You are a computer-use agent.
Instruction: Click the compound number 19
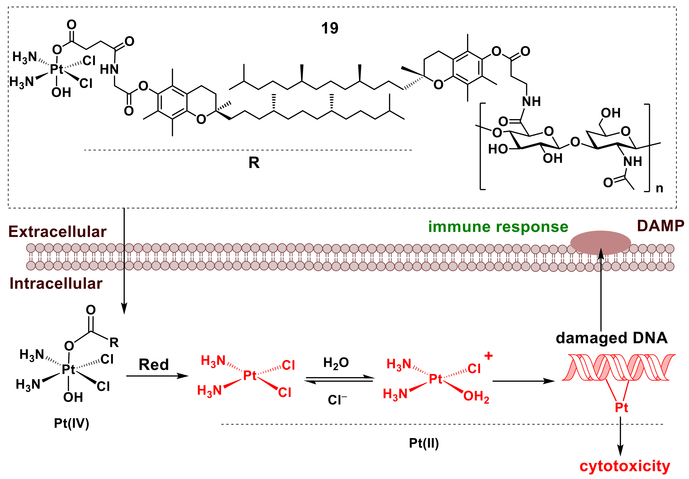pyautogui.click(x=329, y=28)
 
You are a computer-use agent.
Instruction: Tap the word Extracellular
pyautogui.click(x=57, y=232)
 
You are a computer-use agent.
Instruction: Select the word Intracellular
pyautogui.click(x=56, y=283)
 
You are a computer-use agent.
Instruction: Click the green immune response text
pyautogui.click(x=498, y=227)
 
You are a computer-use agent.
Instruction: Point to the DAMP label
pyautogui.click(x=660, y=226)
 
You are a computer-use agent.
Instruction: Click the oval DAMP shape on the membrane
pyautogui.click(x=600, y=242)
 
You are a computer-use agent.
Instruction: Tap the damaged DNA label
pyautogui.click(x=611, y=338)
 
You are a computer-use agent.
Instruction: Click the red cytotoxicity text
pyautogui.click(x=624, y=466)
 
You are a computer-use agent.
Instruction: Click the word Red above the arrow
pyautogui.click(x=154, y=365)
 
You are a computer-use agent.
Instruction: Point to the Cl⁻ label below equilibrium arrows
pyautogui.click(x=337, y=400)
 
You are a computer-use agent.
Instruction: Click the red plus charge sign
pyautogui.click(x=489, y=356)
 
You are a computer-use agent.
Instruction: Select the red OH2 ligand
pyautogui.click(x=476, y=397)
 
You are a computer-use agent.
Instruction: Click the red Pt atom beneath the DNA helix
pyautogui.click(x=621, y=408)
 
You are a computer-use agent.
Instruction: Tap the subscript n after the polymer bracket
pyautogui.click(x=659, y=188)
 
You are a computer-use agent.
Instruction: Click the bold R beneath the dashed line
pyautogui.click(x=254, y=163)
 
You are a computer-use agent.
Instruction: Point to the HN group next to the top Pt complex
pyautogui.click(x=109, y=70)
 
